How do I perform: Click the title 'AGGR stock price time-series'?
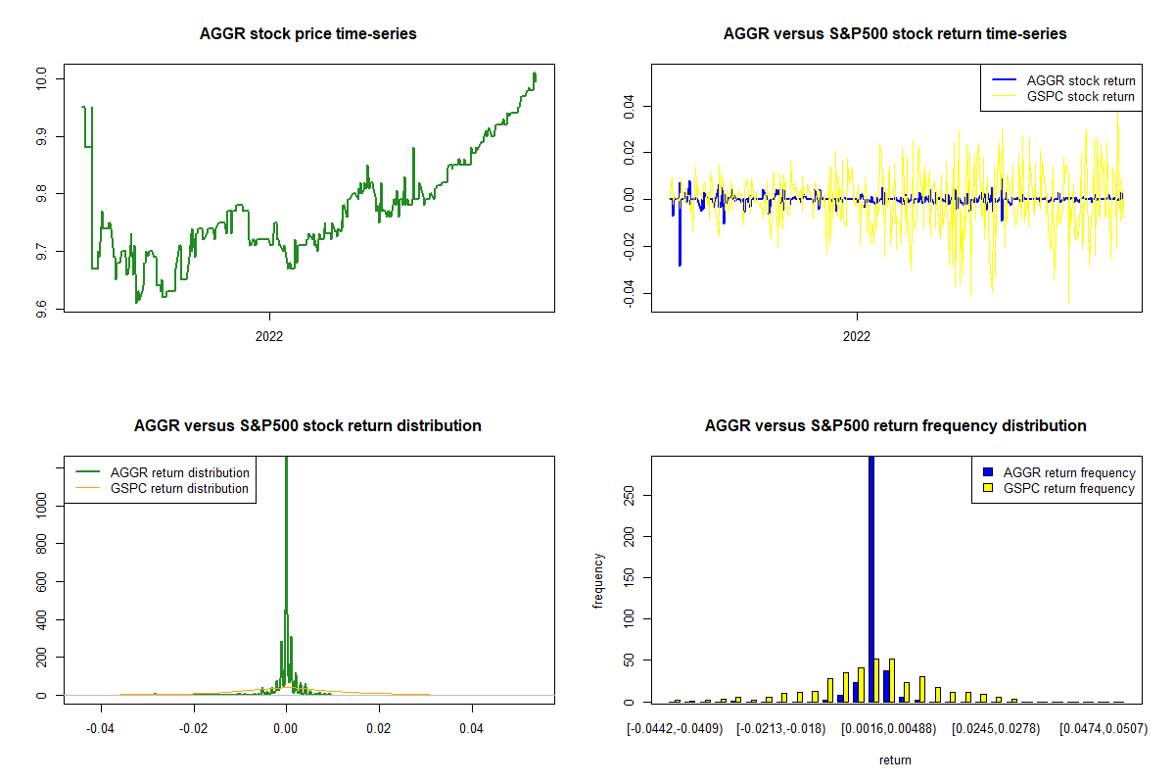tap(307, 34)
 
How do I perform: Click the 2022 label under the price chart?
tap(269, 336)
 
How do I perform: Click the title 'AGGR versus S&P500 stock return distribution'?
tap(307, 426)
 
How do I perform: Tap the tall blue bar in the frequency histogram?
tap(871, 578)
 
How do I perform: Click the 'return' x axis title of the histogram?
tap(895, 759)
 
